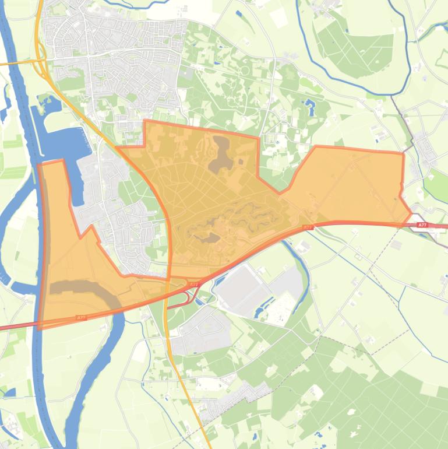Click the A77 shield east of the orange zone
pos(422,224)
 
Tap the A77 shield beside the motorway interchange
pos(195,285)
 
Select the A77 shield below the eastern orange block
pos(308,227)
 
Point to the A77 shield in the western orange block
pos(82,318)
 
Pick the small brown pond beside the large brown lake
pos(240,160)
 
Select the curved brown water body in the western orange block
pos(87,290)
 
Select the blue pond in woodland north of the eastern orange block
pos(309,107)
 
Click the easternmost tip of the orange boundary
pos(412,213)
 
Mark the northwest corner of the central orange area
pos(144,121)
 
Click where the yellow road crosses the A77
pos(170,287)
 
